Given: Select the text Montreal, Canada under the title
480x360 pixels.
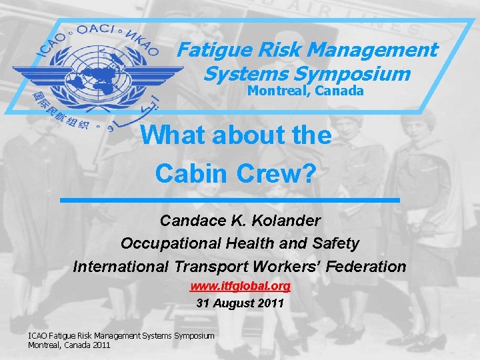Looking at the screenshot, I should point(306,91).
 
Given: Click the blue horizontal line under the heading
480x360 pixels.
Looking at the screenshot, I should point(229,200).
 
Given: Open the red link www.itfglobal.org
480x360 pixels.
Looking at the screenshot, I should point(240,287).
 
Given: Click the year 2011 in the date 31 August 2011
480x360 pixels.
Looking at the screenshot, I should point(271,303).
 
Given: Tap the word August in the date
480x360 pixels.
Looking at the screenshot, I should point(234,303).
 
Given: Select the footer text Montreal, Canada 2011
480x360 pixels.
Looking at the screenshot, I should point(69,345).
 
